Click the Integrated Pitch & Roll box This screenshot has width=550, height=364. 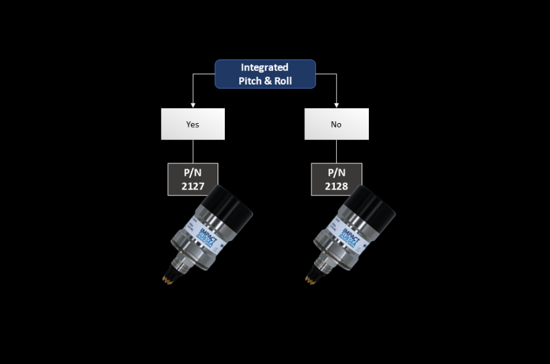(265, 74)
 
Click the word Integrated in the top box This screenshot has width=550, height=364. (265, 67)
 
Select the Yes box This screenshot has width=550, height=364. (193, 124)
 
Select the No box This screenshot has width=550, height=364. (336, 124)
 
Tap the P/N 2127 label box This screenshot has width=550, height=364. (193, 178)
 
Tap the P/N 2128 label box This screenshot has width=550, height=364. (336, 178)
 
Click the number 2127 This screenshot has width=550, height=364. (193, 186)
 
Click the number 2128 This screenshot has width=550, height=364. (336, 186)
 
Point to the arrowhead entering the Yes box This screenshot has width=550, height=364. (193, 104)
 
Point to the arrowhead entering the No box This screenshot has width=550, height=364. (336, 104)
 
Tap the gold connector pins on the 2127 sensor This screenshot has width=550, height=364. (168, 279)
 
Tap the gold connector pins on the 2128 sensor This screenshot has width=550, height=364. (311, 279)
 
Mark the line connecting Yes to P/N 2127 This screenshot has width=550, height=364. (193, 151)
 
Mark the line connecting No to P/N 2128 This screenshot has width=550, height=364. (336, 151)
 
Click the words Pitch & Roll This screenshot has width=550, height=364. (265, 81)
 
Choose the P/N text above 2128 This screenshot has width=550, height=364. (336, 173)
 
